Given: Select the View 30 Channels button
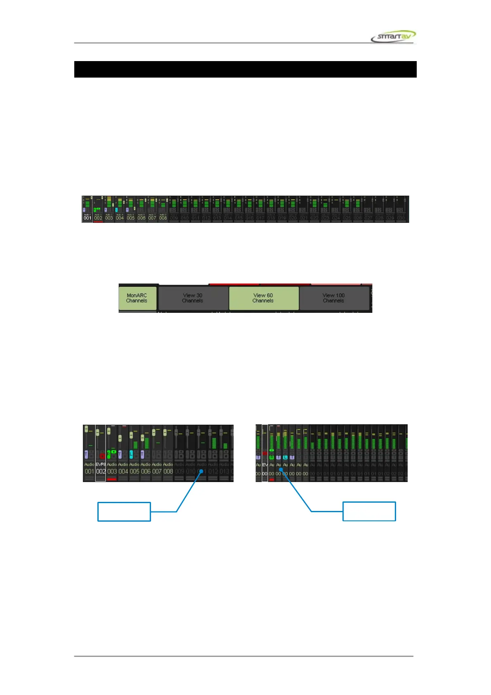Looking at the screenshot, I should tap(193, 298).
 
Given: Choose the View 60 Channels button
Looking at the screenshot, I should tap(263, 298).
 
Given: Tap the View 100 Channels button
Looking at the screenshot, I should tap(333, 298).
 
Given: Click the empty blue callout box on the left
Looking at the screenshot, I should tap(124, 512).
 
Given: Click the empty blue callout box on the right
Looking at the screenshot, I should tap(369, 511).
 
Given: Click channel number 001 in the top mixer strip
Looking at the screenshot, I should tap(87, 218).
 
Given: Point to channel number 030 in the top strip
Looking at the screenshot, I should tap(401, 218).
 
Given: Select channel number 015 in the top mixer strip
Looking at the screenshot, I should tap(238, 218).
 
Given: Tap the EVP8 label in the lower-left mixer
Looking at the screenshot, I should tap(101, 464).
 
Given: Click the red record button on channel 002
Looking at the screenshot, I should tap(102, 456).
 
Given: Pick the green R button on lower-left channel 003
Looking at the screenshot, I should tap(109, 454).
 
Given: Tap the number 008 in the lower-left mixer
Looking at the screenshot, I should tap(168, 471).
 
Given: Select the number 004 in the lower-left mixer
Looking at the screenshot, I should tap(123, 471).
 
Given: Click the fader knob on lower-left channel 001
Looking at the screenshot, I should tap(86, 429).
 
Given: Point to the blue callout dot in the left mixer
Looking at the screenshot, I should tap(202, 471).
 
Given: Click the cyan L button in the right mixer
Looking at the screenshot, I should tap(285, 457).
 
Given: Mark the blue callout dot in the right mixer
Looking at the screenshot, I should tap(281, 469).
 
